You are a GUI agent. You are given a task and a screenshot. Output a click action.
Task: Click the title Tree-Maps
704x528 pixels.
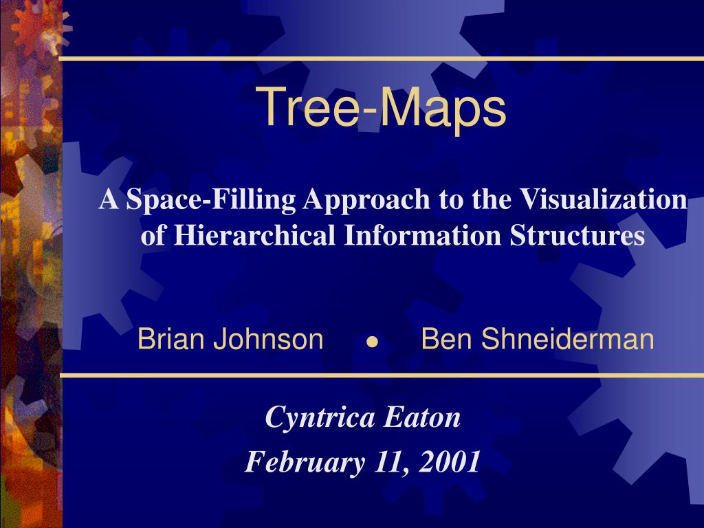point(381,108)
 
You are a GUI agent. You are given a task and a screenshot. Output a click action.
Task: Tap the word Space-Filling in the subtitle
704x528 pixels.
point(210,199)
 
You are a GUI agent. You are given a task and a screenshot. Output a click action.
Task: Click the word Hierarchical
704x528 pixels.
point(254,234)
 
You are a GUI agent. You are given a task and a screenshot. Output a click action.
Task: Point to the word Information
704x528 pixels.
point(423,234)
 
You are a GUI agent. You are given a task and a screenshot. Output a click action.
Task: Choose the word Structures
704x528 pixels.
point(577,234)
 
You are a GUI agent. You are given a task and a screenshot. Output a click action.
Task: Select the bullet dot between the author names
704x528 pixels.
point(372,342)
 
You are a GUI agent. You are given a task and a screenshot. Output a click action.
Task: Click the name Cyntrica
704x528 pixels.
point(320,418)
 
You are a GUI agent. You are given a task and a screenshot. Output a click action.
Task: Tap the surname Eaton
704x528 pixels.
point(422,417)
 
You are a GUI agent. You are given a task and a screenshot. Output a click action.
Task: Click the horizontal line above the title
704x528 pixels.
point(381,59)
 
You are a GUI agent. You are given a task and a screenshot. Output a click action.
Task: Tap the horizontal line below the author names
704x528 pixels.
point(382,375)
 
